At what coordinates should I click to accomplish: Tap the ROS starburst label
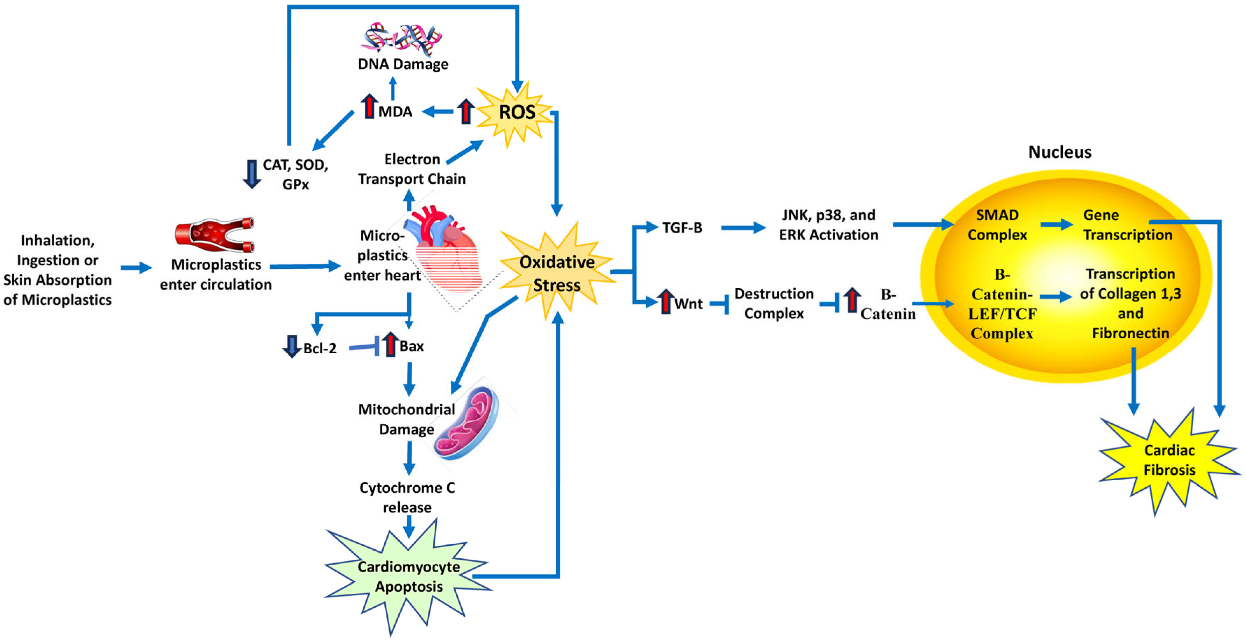point(517,112)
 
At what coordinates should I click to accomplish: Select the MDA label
point(395,112)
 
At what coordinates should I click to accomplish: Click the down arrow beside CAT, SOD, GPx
point(251,174)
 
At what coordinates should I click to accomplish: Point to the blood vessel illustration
point(215,235)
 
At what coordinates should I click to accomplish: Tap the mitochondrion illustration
point(467,423)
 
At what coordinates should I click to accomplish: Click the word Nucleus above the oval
point(1059,152)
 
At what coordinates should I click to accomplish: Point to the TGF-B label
point(682,227)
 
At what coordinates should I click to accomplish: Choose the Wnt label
point(688,304)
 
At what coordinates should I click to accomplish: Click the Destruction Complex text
point(774,303)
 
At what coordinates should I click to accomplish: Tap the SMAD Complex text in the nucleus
point(997,225)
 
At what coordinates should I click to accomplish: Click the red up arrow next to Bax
point(390,345)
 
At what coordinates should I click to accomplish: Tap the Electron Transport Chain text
point(412,169)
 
